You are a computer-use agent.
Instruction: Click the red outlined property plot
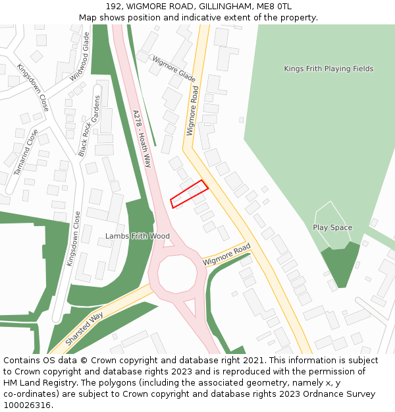[x=190, y=194]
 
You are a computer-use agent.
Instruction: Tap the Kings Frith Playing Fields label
[x=329, y=69]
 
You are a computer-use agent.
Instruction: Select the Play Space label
[x=332, y=227]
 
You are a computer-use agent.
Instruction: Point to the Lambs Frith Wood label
[x=138, y=236]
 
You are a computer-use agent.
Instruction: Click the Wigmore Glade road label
[x=174, y=69]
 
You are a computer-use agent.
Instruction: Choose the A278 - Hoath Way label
[x=142, y=138]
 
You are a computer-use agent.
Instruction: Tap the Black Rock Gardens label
[x=90, y=125]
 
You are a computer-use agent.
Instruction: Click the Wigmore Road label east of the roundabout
[x=227, y=254]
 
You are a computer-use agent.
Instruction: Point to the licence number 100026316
[x=28, y=405]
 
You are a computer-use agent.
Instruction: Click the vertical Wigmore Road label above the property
[x=192, y=111]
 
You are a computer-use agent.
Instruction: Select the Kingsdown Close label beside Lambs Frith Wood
[x=72, y=238]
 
